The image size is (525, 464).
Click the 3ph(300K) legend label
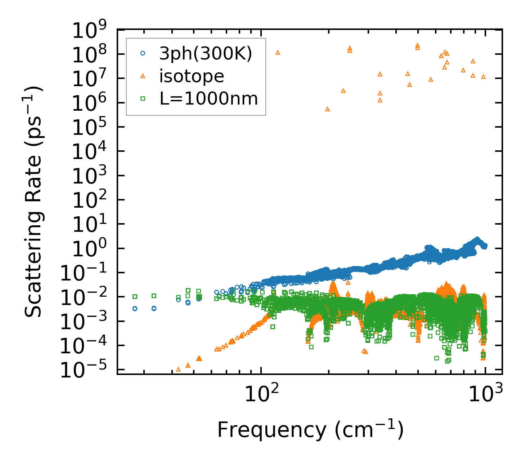[206, 54]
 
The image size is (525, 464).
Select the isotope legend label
[192, 76]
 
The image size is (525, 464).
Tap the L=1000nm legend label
[208, 98]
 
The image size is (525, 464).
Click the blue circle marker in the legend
[143, 53]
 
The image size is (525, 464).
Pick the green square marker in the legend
[143, 98]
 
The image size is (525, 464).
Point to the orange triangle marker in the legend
[143, 76]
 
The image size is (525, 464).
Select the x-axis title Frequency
[310, 429]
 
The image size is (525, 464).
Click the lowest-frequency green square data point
[135, 296]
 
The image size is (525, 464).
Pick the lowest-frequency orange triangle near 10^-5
[178, 369]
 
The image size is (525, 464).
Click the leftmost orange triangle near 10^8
[278, 52]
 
